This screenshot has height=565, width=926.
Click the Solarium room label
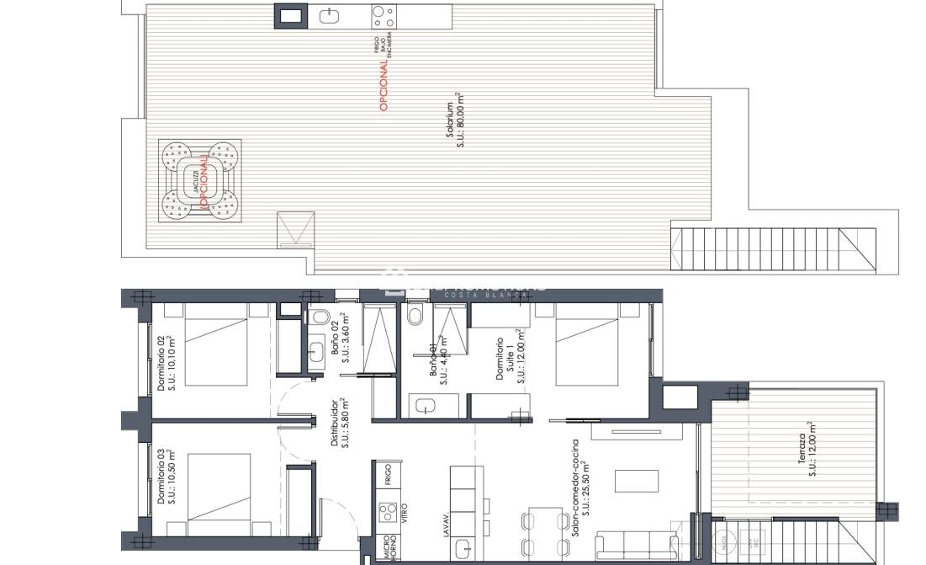click(455, 125)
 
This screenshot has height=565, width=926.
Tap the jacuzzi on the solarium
click(200, 179)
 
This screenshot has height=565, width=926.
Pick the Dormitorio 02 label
click(167, 363)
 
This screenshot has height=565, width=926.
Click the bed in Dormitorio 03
click(220, 493)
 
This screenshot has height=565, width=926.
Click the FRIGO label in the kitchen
click(388, 475)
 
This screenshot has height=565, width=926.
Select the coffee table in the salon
click(636, 481)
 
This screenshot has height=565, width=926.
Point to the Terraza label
click(807, 450)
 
